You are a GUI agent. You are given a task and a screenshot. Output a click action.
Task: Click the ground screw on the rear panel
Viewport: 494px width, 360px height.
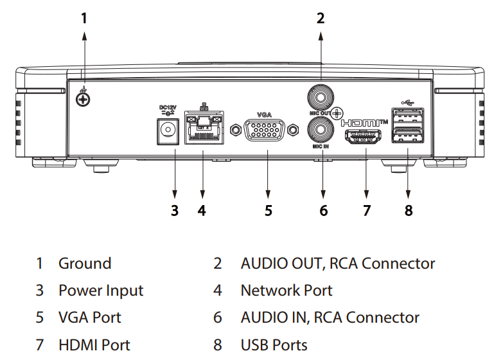(x=82, y=99)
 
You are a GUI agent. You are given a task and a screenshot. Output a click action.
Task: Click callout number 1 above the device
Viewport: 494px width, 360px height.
(x=84, y=19)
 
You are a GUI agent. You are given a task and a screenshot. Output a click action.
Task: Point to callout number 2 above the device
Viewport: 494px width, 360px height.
(x=321, y=19)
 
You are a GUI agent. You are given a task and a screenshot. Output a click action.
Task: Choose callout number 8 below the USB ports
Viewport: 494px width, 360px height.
(x=409, y=210)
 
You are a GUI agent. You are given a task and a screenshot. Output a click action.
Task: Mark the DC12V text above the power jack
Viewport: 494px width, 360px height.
(x=167, y=107)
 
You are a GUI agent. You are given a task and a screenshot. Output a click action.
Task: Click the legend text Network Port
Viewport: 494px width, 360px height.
(x=287, y=291)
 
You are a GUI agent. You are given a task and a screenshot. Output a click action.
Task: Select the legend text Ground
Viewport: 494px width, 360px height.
(x=85, y=264)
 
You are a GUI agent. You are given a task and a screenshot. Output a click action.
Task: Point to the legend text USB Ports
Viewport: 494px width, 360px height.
(x=274, y=345)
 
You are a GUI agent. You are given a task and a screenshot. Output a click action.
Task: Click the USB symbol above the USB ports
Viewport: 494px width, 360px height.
(x=408, y=102)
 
